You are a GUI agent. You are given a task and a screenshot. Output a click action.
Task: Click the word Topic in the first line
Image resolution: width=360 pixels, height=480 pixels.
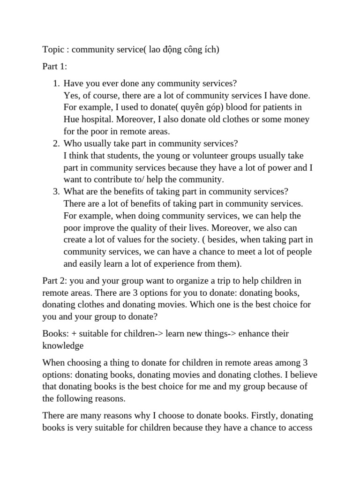coord(53,50)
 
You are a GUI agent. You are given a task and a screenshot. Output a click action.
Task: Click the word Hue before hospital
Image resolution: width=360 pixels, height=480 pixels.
coord(72,120)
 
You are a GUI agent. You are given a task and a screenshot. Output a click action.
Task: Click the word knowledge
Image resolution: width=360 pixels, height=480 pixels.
coord(63,345)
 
